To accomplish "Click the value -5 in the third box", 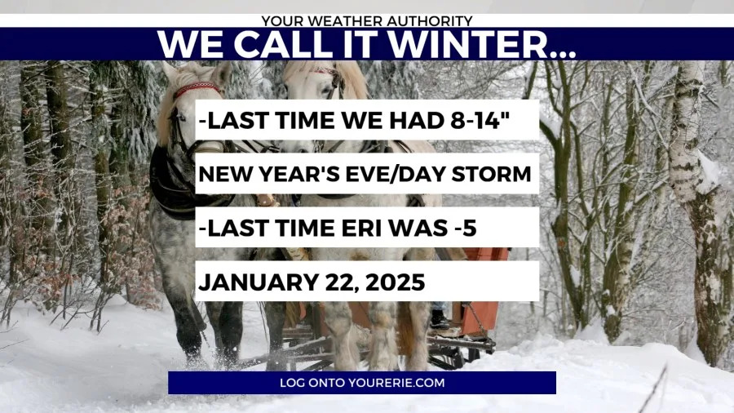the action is point(465,228).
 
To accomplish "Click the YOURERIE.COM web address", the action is point(396,383).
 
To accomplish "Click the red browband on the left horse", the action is point(197,89).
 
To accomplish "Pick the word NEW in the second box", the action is point(227,174).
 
